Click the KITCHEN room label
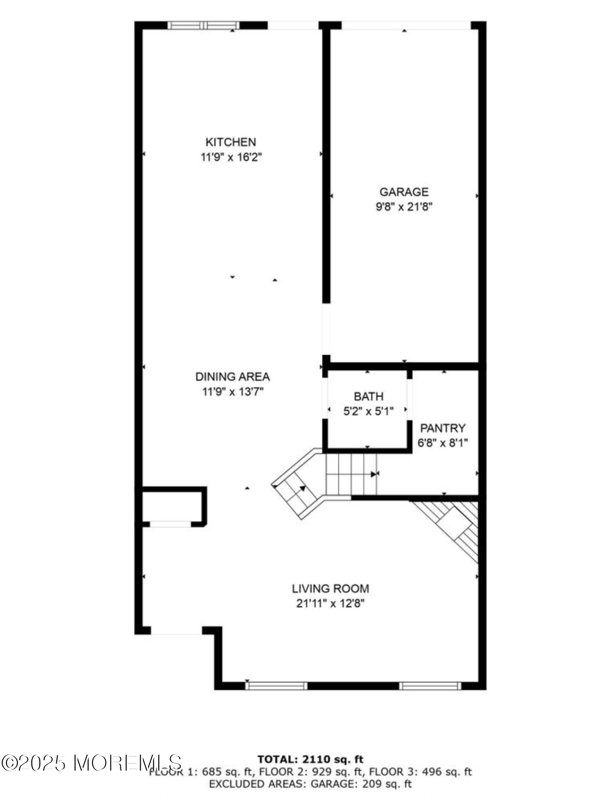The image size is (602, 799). click(x=231, y=142)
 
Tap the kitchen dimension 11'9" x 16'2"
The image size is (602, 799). click(x=231, y=157)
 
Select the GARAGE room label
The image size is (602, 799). click(x=403, y=192)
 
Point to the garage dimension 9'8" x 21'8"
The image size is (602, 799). click(x=403, y=207)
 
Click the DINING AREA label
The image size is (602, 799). click(x=232, y=377)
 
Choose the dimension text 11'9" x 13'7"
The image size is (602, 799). click(x=232, y=392)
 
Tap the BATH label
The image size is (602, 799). click(x=368, y=397)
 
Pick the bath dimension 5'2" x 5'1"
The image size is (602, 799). click(x=368, y=411)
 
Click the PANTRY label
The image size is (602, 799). click(x=442, y=428)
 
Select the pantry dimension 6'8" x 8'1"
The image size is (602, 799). click(x=442, y=443)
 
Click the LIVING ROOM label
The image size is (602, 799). click(x=330, y=589)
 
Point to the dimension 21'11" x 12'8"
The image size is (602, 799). click(x=330, y=604)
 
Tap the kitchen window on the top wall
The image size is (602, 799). click(x=203, y=25)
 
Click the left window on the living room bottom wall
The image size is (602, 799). click(x=277, y=686)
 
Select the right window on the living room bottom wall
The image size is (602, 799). click(x=430, y=686)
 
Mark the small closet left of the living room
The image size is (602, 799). click(x=172, y=506)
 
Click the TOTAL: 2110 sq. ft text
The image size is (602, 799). click(x=310, y=760)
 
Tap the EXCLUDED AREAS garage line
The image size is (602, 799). click(x=310, y=784)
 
